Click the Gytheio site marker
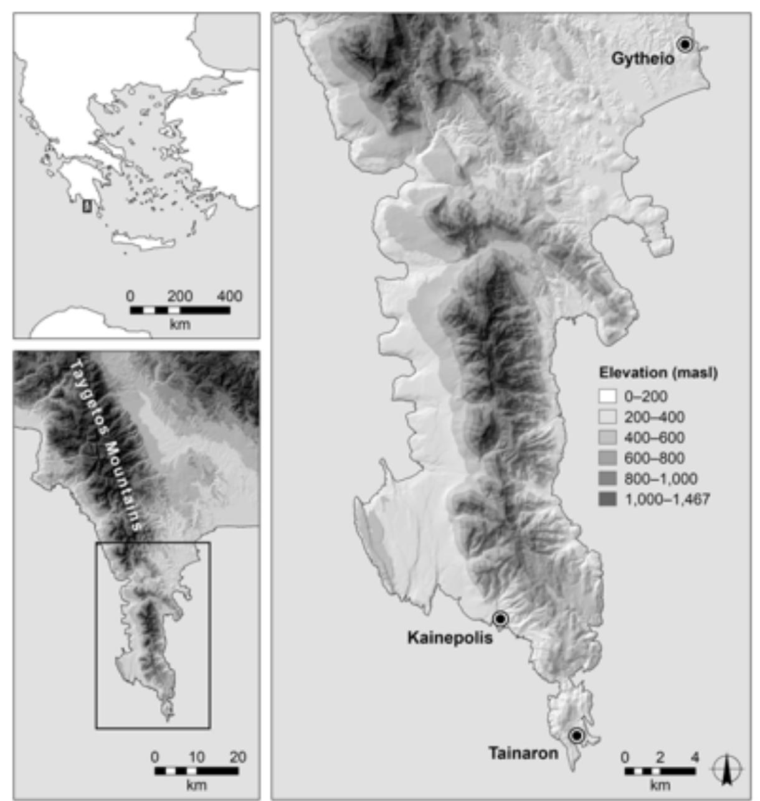(x=685, y=44)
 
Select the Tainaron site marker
(x=576, y=736)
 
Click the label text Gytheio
(x=642, y=59)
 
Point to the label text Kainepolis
(x=450, y=638)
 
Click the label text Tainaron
(x=523, y=754)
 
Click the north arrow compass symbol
(x=727, y=769)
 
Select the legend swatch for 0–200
(x=607, y=396)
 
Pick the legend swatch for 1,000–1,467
(x=607, y=499)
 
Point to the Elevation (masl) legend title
(x=658, y=373)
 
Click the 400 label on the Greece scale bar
(x=229, y=296)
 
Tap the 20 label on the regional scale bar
(x=237, y=757)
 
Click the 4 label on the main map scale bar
(x=695, y=757)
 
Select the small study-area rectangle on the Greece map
(x=87, y=207)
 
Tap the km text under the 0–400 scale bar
(x=180, y=324)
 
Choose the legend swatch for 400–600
(x=607, y=438)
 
